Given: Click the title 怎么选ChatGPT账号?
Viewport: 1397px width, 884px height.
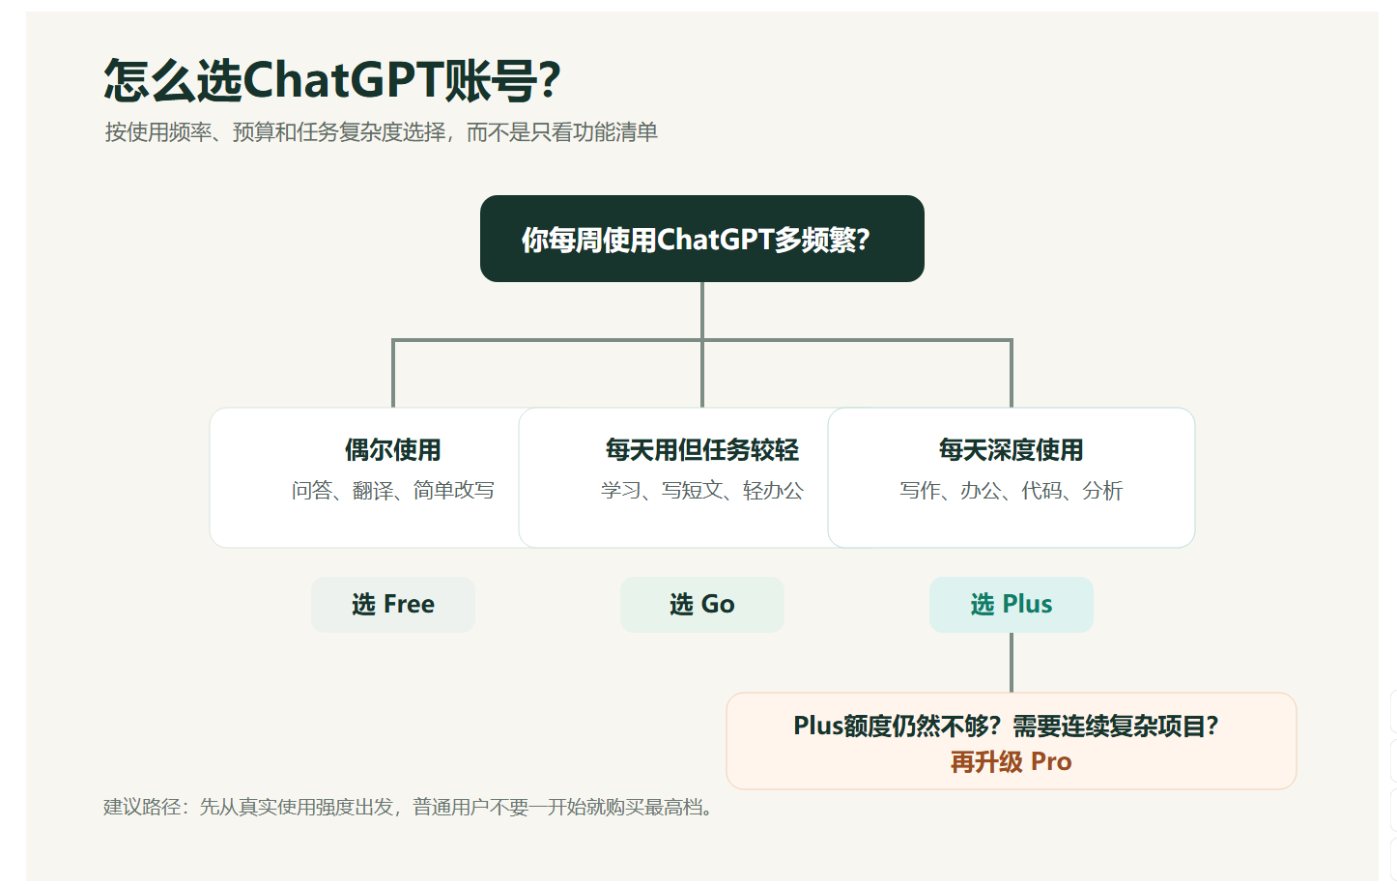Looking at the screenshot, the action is click(x=332, y=80).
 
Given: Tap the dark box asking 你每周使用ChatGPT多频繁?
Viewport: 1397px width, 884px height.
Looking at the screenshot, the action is click(x=701, y=239).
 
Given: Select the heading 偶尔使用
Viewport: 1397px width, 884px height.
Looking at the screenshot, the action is click(x=393, y=450).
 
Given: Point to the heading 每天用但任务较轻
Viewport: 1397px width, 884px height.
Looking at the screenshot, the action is click(x=701, y=450).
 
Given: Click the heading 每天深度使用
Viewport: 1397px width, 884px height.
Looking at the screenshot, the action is click(x=1011, y=450).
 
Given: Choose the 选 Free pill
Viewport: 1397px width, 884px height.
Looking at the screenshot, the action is click(x=393, y=605).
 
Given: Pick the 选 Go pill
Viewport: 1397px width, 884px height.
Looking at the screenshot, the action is click(x=701, y=605).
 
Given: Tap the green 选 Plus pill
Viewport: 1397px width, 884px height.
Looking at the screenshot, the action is click(x=1011, y=605).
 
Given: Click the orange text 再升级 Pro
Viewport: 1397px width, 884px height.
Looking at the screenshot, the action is click(x=1011, y=761).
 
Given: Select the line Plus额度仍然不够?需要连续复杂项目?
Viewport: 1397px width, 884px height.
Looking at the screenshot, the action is click(x=1006, y=727).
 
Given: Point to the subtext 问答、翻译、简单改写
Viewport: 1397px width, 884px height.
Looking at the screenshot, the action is click(x=393, y=491).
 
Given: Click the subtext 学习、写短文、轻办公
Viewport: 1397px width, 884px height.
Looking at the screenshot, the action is click(x=701, y=491).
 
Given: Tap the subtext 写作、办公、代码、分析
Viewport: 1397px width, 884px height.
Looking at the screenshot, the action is click(x=1011, y=491).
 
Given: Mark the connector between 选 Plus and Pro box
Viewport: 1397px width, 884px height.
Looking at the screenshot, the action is click(x=1011, y=663).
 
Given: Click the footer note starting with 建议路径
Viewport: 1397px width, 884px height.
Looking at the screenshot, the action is click(x=408, y=808).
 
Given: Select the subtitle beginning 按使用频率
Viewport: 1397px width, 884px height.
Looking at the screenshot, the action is click(x=381, y=132).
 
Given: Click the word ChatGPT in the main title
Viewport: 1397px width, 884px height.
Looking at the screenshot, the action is click(x=343, y=80).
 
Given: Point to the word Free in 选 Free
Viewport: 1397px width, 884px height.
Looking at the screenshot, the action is click(x=409, y=605).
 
